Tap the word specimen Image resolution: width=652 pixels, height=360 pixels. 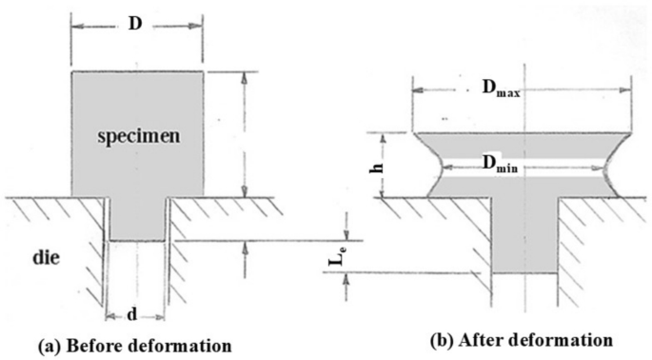coord(137,136)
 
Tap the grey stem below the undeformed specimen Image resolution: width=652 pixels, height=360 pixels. coord(139,219)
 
